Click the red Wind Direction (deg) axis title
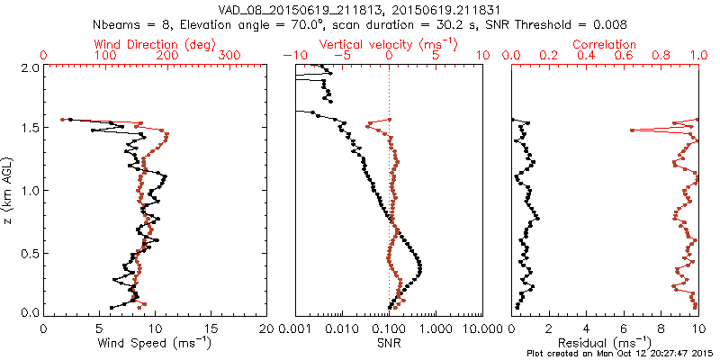point(157,44)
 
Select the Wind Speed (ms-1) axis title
point(156,342)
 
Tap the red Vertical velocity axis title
point(389,44)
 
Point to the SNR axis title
point(389,342)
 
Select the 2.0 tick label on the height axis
point(28,67)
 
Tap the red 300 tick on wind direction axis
point(229,56)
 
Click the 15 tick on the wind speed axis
point(211,328)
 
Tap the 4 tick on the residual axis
point(587,328)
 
